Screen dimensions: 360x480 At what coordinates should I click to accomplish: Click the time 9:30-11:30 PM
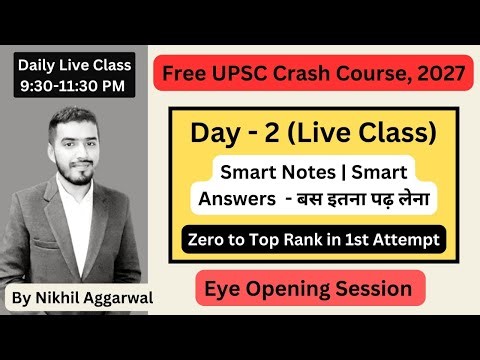tap(75, 86)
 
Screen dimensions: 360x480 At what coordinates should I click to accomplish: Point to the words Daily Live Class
tap(75, 65)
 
